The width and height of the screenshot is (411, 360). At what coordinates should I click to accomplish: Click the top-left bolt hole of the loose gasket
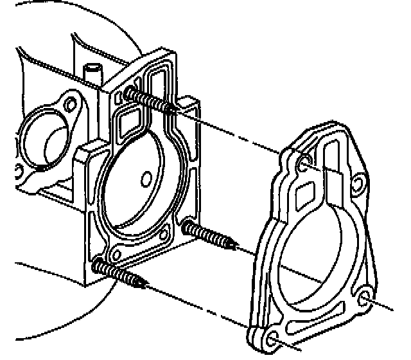pos(304,165)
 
